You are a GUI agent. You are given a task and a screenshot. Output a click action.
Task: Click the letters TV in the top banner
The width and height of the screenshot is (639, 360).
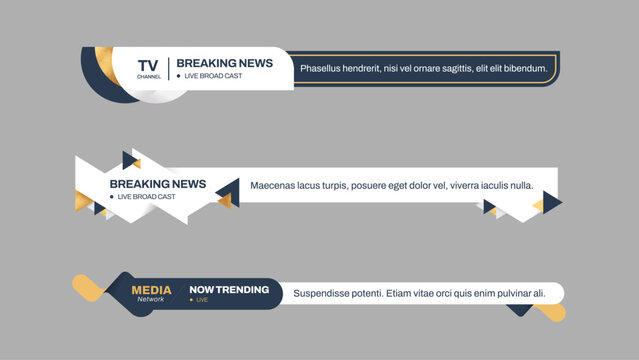click(147, 65)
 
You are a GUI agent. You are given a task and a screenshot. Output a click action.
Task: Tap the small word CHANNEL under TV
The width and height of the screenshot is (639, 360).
click(148, 76)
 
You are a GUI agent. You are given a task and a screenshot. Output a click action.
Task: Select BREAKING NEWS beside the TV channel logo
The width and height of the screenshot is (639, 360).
click(224, 63)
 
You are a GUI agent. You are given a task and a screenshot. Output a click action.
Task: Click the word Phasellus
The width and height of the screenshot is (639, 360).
click(324, 69)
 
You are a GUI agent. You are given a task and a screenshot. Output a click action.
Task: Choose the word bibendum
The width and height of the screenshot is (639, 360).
click(526, 69)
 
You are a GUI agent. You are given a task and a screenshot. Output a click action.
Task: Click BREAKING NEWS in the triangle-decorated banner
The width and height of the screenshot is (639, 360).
click(158, 184)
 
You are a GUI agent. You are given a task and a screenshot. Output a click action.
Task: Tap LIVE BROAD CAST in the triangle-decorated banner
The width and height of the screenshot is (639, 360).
click(147, 197)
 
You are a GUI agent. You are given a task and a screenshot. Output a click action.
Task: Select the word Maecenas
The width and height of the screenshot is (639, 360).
click(275, 185)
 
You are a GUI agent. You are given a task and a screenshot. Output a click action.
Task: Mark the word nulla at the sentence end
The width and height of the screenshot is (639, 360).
click(521, 185)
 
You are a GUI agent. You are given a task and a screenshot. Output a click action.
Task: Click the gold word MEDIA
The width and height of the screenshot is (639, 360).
click(151, 290)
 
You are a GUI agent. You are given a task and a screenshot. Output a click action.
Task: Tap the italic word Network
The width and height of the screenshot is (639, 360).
click(151, 300)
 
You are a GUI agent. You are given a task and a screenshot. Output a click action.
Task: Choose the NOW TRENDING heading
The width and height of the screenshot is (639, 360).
click(229, 290)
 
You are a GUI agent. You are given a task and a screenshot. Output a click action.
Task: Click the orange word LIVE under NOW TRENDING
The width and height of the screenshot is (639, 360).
click(202, 300)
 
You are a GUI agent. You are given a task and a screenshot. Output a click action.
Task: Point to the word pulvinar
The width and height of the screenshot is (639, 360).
click(504, 293)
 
